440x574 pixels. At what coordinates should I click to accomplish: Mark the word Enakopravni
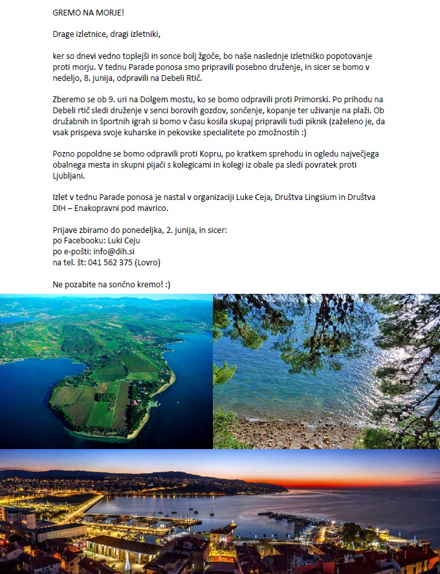[107, 208]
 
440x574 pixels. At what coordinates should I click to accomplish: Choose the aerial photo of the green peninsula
[106, 371]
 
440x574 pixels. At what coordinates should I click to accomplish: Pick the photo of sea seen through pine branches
[326, 371]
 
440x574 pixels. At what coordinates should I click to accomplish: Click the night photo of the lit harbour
[220, 511]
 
